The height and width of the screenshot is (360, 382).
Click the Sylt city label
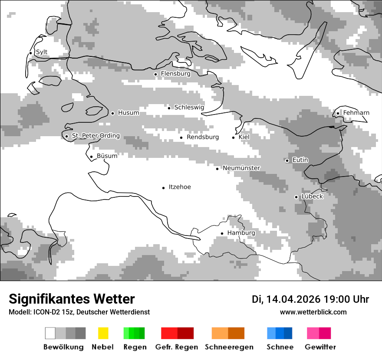tap(42, 52)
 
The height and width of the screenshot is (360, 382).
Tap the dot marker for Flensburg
tap(155, 74)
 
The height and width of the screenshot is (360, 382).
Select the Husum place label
tap(128, 113)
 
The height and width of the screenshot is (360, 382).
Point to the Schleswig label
tap(189, 107)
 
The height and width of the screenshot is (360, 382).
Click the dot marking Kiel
tap(233, 137)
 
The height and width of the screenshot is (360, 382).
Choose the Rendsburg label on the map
tap(203, 137)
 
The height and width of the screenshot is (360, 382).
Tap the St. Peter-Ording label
tap(95, 136)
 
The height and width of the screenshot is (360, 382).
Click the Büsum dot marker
tap(91, 157)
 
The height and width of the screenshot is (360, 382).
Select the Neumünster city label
tap(241, 168)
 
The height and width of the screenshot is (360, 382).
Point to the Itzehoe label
tap(180, 187)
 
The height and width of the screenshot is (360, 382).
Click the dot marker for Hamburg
tap(222, 233)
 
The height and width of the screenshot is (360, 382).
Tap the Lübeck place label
tap(312, 196)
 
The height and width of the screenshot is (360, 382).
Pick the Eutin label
tap(300, 160)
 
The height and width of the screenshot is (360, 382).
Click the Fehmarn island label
tap(356, 113)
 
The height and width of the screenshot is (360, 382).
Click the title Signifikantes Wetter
tap(72, 299)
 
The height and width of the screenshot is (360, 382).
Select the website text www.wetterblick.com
tap(313, 312)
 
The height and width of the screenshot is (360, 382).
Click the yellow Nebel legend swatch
tap(103, 333)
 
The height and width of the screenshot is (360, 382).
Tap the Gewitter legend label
tap(320, 347)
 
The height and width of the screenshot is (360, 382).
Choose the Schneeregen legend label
tap(228, 347)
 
